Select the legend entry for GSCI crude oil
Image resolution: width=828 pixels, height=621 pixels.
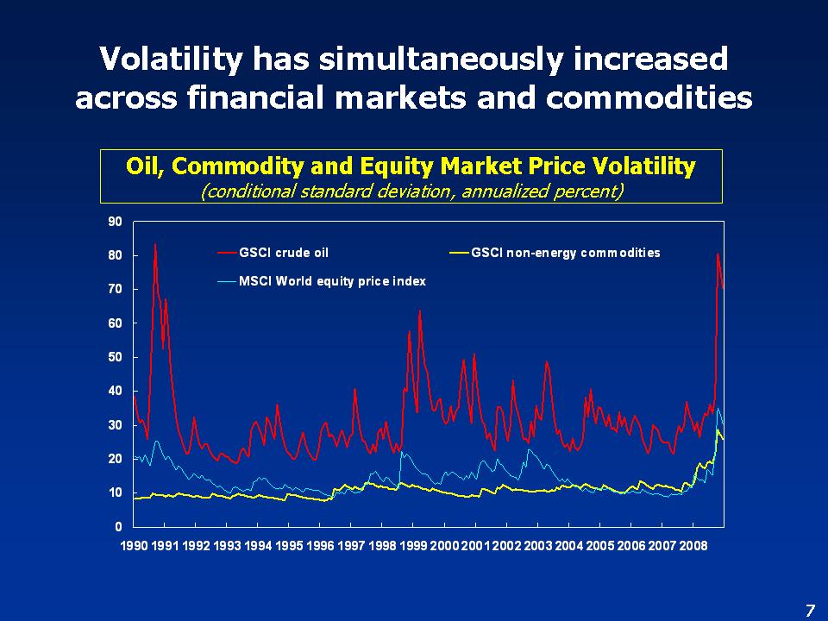(283, 253)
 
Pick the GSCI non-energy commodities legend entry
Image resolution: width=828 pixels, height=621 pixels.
(565, 253)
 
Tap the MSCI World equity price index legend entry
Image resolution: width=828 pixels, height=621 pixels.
(331, 281)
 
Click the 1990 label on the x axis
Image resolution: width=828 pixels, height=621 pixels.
(135, 546)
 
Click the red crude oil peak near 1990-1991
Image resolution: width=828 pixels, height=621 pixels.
(155, 245)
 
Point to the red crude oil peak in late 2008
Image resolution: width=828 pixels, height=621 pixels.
(718, 254)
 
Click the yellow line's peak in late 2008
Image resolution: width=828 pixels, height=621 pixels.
(718, 430)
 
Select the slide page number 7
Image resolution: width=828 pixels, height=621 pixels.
(809, 611)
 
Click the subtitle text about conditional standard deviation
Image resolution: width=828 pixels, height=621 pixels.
(411, 191)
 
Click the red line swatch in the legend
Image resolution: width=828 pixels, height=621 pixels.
(227, 253)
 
